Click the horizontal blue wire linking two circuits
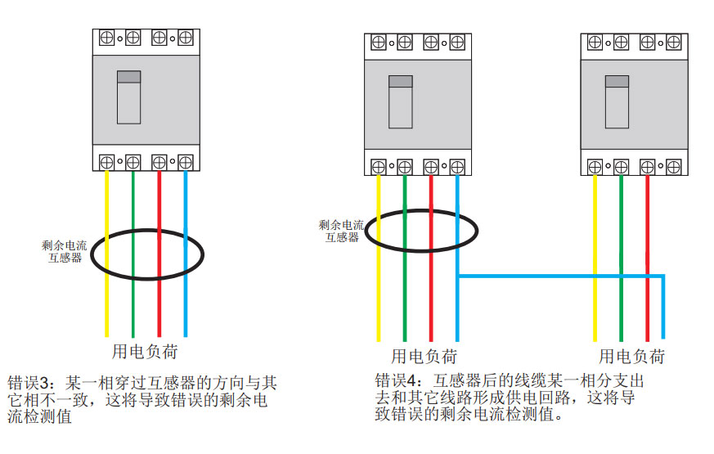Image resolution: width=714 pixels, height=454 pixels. pos(556,276)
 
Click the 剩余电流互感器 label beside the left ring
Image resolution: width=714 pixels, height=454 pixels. pos(64,250)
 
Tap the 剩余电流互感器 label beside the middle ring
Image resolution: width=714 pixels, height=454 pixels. pos(341,231)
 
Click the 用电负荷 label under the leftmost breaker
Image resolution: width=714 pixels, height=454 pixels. pos(144,353)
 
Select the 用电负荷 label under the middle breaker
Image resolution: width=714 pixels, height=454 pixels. pos(424,357)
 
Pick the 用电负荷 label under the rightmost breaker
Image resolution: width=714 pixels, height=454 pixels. pos(631,357)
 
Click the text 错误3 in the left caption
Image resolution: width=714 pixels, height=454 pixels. pos(30,382)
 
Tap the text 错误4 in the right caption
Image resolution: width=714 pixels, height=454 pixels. pos(397,380)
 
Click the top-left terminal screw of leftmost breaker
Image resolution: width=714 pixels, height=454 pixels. pos(106,38)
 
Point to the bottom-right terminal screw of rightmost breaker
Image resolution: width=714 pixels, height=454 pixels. pos(674,167)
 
